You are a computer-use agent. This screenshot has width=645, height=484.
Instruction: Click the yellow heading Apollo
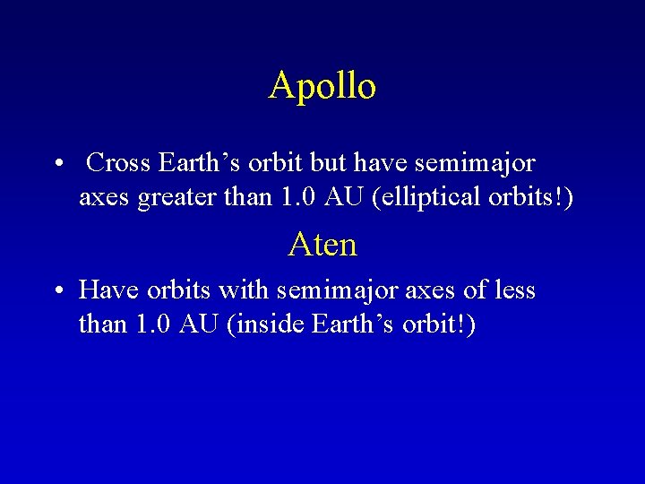click(322, 86)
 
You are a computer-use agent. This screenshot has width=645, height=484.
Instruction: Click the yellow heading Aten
click(322, 244)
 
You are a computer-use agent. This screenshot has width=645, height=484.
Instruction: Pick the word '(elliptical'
click(434, 197)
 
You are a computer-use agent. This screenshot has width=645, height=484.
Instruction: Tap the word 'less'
click(512, 290)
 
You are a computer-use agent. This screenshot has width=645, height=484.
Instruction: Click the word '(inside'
click(266, 324)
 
